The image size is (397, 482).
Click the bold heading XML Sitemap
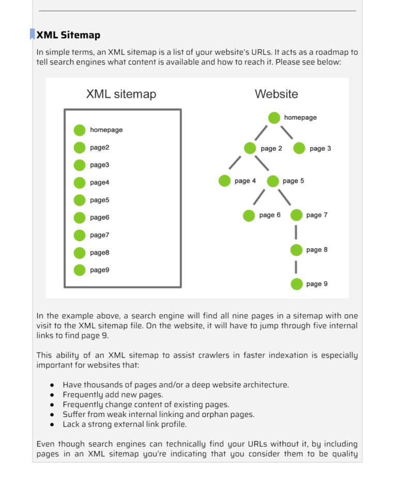[x=68, y=35]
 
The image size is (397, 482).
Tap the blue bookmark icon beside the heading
[x=32, y=34]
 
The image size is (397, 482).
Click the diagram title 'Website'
[x=276, y=94]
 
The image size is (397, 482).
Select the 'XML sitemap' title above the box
[x=121, y=94]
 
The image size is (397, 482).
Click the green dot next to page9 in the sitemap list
[x=79, y=270]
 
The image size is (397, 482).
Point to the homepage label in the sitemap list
[x=106, y=130]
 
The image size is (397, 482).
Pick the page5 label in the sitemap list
[x=99, y=200]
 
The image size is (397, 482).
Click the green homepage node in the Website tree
[x=274, y=118]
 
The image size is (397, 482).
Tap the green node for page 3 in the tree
[x=299, y=148]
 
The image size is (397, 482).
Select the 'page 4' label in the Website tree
[x=245, y=181]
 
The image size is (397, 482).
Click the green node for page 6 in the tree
[x=249, y=215]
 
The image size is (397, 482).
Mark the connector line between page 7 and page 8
[x=296, y=232]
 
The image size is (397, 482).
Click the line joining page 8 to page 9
[x=296, y=267]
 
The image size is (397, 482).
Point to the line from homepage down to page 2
[x=261, y=132]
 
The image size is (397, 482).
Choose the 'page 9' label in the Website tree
[x=317, y=284]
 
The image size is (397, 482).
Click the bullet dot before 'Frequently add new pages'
[x=52, y=395]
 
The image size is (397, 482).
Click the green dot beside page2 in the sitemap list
[x=79, y=148]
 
